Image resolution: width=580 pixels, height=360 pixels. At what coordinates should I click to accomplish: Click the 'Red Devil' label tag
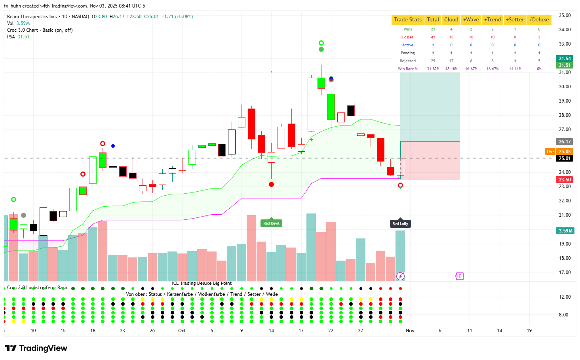(x=271, y=223)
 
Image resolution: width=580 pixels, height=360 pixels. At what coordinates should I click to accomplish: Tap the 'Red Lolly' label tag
(x=400, y=224)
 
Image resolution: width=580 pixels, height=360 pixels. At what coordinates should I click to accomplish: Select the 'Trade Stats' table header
(x=407, y=19)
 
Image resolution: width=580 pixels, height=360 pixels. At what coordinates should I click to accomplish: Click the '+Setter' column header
(x=515, y=19)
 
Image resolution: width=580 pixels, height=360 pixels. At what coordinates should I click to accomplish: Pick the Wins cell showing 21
(x=433, y=29)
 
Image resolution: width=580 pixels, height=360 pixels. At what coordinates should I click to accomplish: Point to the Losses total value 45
(x=433, y=37)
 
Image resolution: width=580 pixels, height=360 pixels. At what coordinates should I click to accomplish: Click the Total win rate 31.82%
(x=433, y=69)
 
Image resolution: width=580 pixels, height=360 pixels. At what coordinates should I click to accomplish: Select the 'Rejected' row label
(x=407, y=61)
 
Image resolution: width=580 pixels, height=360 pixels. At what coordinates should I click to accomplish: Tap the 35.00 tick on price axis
(x=565, y=15)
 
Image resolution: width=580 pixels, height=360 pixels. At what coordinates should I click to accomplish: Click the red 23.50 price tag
(x=565, y=180)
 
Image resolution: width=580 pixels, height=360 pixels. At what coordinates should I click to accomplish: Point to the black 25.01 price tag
(x=565, y=158)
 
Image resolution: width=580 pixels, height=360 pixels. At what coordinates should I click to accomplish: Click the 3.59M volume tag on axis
(x=565, y=231)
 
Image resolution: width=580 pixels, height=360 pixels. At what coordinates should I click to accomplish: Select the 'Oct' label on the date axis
(x=182, y=331)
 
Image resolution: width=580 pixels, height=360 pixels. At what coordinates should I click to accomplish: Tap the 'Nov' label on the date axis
(x=410, y=331)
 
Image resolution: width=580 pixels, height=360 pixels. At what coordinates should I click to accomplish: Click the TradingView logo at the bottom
(x=36, y=348)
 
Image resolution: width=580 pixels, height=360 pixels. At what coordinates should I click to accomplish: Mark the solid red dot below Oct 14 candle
(x=271, y=184)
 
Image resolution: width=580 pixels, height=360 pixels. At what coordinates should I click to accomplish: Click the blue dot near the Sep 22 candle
(x=113, y=146)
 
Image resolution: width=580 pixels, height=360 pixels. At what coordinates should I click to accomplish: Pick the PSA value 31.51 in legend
(x=23, y=37)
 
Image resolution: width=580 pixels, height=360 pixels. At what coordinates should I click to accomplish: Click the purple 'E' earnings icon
(x=459, y=276)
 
